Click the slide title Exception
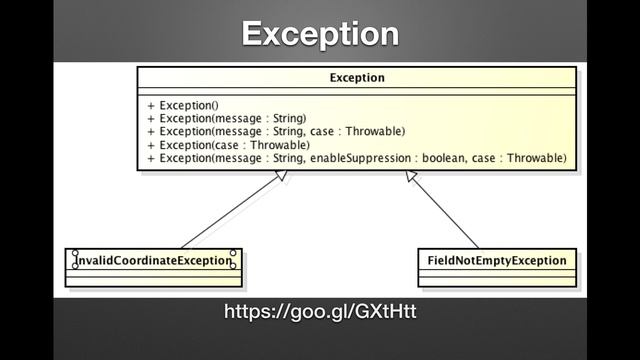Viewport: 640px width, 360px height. pyautogui.click(x=320, y=34)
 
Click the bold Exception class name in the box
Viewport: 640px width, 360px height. pyautogui.click(x=356, y=77)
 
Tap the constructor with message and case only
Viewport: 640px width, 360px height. pyautogui.click(x=281, y=131)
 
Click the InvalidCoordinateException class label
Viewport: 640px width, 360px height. pyautogui.click(x=153, y=261)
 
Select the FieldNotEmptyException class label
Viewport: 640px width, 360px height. pyautogui.click(x=496, y=261)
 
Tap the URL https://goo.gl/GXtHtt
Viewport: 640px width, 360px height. pyautogui.click(x=320, y=313)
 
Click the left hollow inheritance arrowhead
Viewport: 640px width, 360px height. pyautogui.click(x=282, y=176)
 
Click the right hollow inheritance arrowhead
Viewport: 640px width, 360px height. pyautogui.click(x=412, y=176)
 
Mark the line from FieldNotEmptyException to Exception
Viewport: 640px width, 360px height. pyautogui.click(x=445, y=213)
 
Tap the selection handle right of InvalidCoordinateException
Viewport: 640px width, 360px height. pyautogui.click(x=233, y=260)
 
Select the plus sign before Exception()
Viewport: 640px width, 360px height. pyautogui.click(x=150, y=105)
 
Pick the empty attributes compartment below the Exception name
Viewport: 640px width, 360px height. pyautogui.click(x=356, y=91)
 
